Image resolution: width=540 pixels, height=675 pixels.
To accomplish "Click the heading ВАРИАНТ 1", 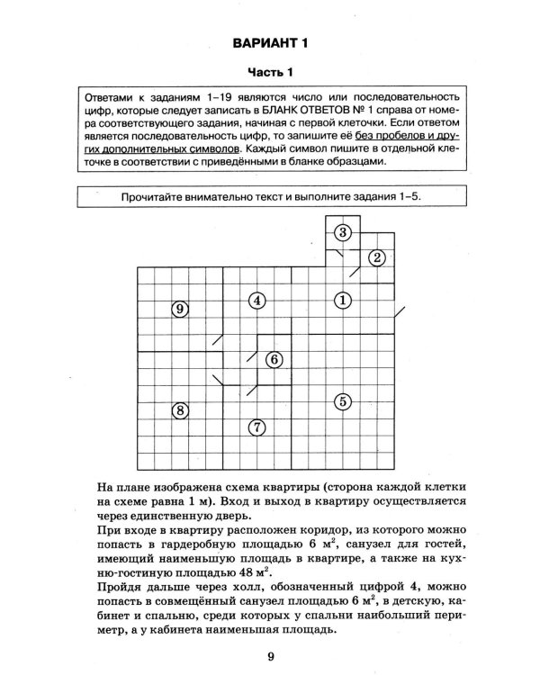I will pos(270,42).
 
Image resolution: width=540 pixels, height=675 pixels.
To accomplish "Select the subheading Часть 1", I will pos(270,71).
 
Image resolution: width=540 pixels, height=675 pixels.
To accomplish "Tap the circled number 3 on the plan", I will pos(342,233).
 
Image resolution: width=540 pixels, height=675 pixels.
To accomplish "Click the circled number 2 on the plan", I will pos(378,258).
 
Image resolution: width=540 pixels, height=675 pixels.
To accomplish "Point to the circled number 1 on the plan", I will pos(342,300).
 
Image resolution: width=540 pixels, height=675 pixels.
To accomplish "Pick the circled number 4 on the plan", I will pos(257,300).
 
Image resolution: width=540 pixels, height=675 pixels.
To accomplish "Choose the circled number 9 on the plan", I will pos(180,309).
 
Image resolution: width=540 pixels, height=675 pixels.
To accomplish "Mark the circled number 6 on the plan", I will pos(275,359).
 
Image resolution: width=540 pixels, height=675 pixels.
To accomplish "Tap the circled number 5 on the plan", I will pos(342,400).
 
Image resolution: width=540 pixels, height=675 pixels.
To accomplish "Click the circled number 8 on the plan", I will pos(180,411).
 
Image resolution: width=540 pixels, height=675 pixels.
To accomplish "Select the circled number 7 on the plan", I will pos(257,427).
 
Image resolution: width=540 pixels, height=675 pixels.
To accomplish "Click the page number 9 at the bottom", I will pos(270,655).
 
